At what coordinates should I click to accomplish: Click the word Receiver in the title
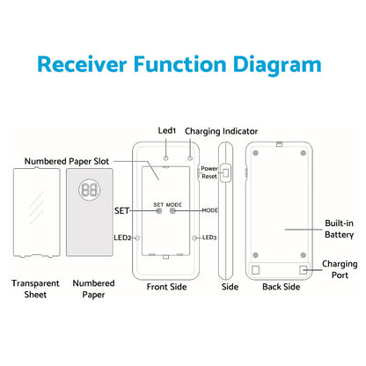pyautogui.click(x=82, y=64)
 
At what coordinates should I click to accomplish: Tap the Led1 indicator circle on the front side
pyautogui.click(x=166, y=158)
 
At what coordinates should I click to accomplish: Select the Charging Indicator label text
pyautogui.click(x=221, y=131)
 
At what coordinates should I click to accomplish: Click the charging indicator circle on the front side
pyautogui.click(x=190, y=158)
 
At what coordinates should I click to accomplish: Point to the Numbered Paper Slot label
pyautogui.click(x=67, y=161)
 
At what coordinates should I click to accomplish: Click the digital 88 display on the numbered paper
pyautogui.click(x=89, y=190)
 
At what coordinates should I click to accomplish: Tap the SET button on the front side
pyautogui.click(x=159, y=211)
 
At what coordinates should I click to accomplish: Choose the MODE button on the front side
pyautogui.click(x=172, y=211)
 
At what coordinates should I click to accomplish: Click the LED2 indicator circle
pyautogui.click(x=136, y=238)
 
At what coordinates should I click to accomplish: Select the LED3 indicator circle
pyautogui.click(x=194, y=238)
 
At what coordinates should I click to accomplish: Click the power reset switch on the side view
pyautogui.click(x=226, y=172)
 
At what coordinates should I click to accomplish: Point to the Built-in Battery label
pyautogui.click(x=339, y=229)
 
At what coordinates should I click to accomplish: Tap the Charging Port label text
pyautogui.click(x=340, y=269)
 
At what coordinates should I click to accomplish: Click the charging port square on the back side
pyautogui.click(x=303, y=270)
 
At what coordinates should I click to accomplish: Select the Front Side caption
pyautogui.click(x=166, y=287)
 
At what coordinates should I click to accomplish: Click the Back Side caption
pyautogui.click(x=281, y=287)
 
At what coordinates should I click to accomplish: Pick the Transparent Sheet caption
pyautogui.click(x=35, y=289)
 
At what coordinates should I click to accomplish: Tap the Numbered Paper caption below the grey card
pyautogui.click(x=93, y=289)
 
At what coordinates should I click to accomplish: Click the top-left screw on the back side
pyautogui.click(x=255, y=153)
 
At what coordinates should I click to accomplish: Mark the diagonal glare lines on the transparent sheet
pyautogui.click(x=37, y=208)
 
